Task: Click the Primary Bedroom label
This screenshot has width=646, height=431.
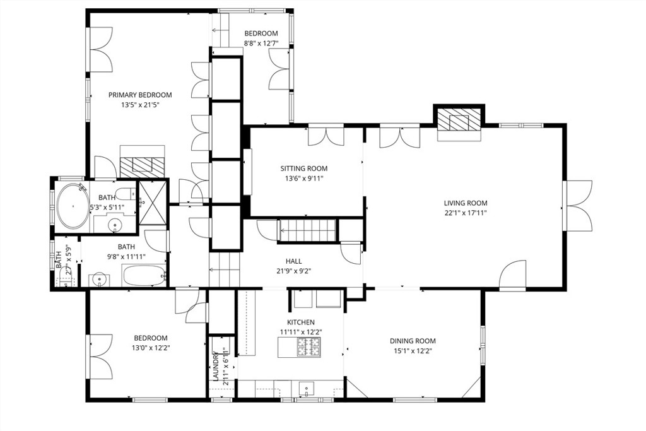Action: click(x=140, y=95)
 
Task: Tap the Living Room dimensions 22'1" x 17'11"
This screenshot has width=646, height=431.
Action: click(x=466, y=213)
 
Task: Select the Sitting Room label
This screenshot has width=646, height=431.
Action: click(x=304, y=168)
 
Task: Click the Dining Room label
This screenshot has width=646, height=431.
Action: click(x=413, y=341)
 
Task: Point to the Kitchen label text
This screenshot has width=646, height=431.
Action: click(x=301, y=322)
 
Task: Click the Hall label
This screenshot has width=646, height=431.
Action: click(x=294, y=261)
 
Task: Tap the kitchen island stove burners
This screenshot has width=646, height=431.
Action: click(x=309, y=347)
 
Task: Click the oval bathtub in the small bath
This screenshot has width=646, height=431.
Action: click(x=73, y=206)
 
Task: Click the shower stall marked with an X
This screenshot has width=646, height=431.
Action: click(x=153, y=203)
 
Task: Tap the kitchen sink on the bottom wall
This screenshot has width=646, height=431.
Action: click(x=306, y=388)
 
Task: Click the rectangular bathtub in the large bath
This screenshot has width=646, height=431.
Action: click(x=144, y=275)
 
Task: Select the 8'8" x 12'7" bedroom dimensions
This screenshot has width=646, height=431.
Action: click(x=261, y=44)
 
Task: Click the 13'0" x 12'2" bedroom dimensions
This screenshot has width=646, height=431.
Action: click(x=151, y=348)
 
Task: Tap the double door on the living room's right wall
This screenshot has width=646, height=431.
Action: click(x=578, y=206)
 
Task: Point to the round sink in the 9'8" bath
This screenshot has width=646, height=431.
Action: click(x=99, y=280)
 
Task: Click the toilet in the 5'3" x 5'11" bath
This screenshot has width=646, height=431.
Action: click(x=126, y=193)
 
